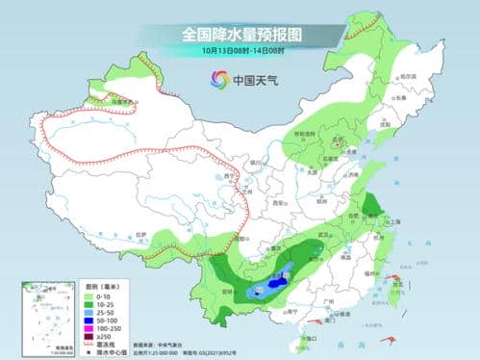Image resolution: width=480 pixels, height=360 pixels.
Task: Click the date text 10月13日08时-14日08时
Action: [240, 50]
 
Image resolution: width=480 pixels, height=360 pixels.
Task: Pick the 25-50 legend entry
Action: [98, 311]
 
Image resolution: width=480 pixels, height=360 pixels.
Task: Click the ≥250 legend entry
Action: [98, 335]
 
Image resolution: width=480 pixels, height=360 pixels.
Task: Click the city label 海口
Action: [309, 338]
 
